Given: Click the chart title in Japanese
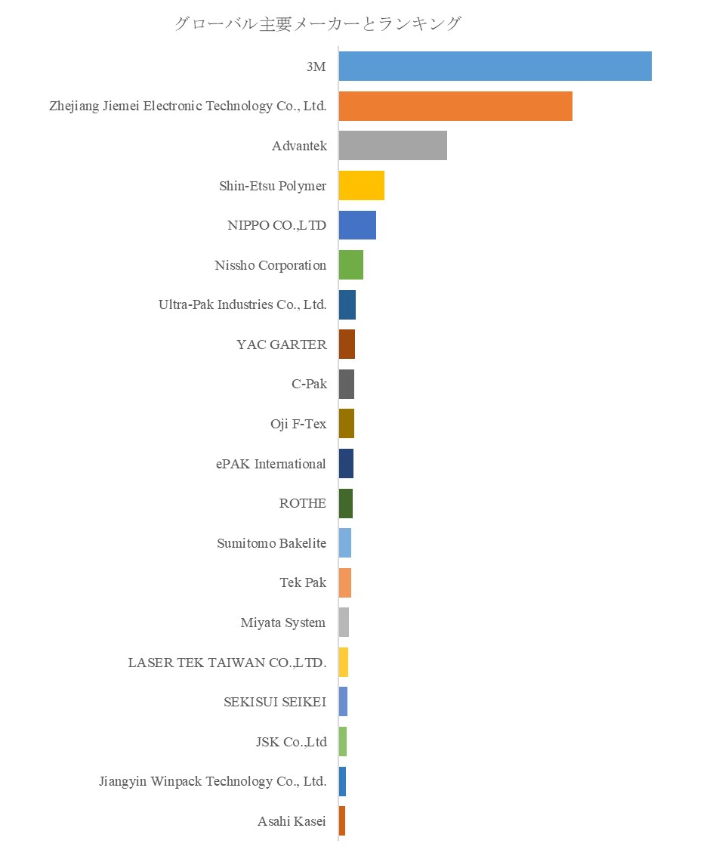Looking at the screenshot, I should click(317, 23).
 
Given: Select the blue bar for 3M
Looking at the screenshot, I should click(495, 66).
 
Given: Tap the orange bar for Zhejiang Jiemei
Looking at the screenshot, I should click(455, 106).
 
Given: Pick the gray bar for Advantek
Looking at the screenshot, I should click(393, 145).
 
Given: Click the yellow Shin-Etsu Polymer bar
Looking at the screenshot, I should click(361, 185).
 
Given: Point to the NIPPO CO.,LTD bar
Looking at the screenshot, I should click(357, 225).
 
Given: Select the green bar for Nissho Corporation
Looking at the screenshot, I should click(350, 265).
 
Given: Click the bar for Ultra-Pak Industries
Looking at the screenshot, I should click(347, 304).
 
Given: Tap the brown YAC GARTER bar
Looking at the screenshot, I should click(347, 344).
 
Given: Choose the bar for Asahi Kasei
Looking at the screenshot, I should click(342, 821).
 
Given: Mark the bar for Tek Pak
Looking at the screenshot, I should click(345, 582).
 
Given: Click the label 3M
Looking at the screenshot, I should click(316, 66).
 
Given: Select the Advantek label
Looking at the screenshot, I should click(299, 146).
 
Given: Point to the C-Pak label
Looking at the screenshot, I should click(309, 384).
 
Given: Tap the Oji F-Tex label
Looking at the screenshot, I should click(298, 424).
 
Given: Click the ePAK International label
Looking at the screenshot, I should click(271, 464).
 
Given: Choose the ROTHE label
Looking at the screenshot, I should click(303, 503).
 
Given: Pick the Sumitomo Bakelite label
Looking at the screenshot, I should click(272, 543).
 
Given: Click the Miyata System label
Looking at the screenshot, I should click(283, 623).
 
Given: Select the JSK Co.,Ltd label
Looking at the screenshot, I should click(292, 742).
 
